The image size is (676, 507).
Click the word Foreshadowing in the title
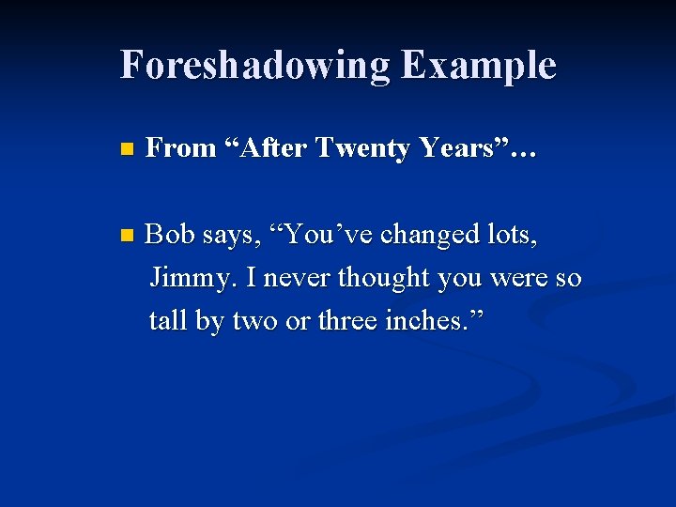[x=253, y=66]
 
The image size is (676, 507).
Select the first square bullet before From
[x=128, y=148]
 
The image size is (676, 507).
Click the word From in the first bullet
[x=181, y=148]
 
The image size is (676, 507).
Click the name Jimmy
[x=183, y=279]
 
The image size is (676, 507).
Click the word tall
[x=168, y=320]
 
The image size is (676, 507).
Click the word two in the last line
[x=254, y=320]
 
